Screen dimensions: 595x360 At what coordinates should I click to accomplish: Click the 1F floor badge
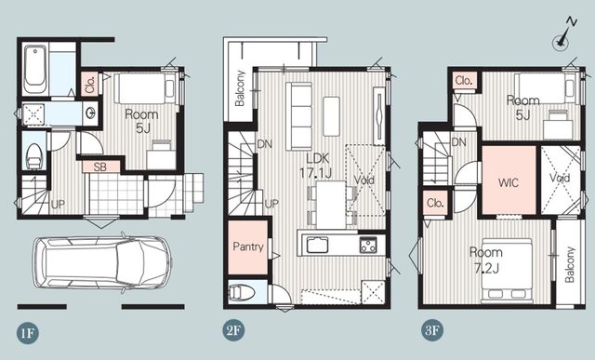coord(28,333)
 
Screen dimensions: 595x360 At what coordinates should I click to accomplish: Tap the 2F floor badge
coord(233,329)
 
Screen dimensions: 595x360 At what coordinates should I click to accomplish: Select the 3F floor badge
coord(432,329)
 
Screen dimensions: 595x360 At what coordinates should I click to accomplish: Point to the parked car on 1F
coord(102,263)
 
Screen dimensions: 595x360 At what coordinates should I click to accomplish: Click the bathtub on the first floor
coord(35,67)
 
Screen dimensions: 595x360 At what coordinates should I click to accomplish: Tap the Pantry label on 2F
coord(248,247)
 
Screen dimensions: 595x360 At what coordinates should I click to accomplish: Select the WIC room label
coord(509,182)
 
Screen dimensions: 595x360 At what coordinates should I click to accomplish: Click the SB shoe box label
coord(100,167)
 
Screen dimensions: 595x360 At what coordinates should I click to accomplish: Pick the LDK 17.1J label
coord(316,166)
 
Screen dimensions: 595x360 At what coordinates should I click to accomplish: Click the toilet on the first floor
coord(33,156)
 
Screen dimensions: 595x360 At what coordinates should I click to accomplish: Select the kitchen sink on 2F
coord(317,245)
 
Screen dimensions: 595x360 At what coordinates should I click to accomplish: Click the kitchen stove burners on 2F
coord(368,245)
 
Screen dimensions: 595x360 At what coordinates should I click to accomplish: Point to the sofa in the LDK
coord(299,116)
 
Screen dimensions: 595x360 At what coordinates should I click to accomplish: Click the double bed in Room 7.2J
coord(507,271)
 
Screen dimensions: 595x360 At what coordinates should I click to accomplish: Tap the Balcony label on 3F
coord(569,265)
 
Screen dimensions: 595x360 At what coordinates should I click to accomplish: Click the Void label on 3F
coord(560,178)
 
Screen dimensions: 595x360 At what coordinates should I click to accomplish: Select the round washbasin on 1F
coord(91,113)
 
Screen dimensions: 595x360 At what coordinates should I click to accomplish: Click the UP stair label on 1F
coord(58,205)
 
